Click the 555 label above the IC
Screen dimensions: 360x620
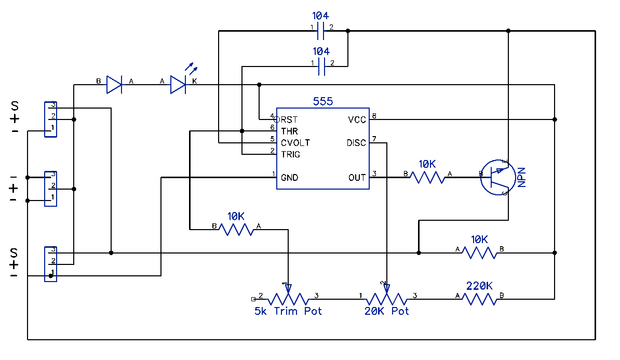pos(322,101)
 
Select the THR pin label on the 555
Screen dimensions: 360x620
pos(290,131)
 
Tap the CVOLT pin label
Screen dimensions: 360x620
pos(295,142)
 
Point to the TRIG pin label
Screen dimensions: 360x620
pos(291,154)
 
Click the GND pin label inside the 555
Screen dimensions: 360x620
pos(290,178)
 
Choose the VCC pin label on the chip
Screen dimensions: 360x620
pos(357,120)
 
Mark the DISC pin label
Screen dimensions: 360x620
pos(356,143)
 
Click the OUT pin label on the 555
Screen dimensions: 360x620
pos(357,178)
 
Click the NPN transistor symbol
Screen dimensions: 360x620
pos(496,178)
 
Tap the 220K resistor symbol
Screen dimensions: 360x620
pos(480,299)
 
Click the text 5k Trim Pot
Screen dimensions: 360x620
pos(288,311)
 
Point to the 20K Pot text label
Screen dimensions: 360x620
pos(387,311)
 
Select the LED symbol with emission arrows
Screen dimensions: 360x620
pos(178,84)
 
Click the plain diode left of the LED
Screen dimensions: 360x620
pos(114,84)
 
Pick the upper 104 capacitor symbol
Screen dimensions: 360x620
pos(321,32)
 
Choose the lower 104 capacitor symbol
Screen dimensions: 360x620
pos(321,67)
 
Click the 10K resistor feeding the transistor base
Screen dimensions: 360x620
pos(427,178)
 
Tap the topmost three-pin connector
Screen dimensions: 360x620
pos(50,119)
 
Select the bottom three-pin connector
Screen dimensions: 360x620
pos(50,264)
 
